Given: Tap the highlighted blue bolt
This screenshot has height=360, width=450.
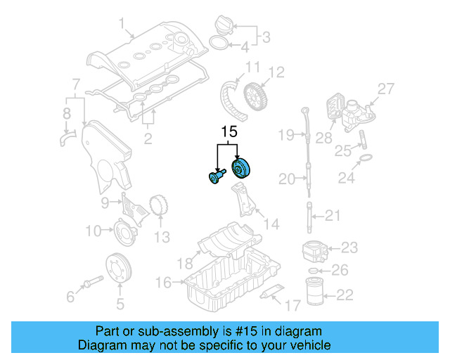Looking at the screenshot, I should click(x=214, y=176).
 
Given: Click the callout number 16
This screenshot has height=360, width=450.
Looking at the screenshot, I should click(x=162, y=282).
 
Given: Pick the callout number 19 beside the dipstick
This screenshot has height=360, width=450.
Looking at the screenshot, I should click(x=285, y=134).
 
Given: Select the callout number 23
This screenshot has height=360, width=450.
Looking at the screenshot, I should click(x=349, y=247).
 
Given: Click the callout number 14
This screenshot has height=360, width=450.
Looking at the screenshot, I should click(x=271, y=224).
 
